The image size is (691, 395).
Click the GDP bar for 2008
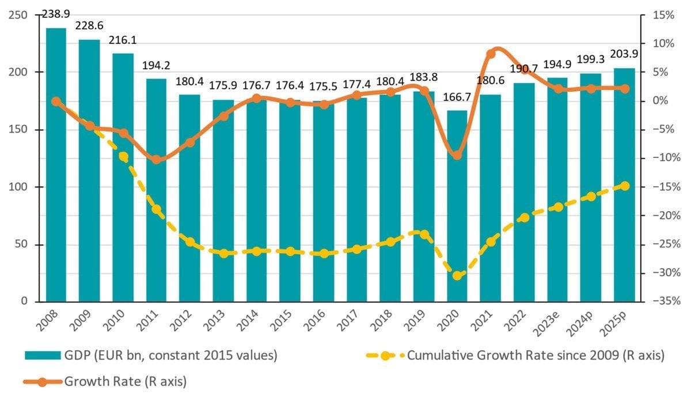point(56,165)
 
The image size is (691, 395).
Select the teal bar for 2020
point(457,206)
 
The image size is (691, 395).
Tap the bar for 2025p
point(624,185)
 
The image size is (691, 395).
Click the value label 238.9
point(56,14)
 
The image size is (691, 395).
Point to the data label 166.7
point(457,97)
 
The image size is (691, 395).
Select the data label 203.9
point(624,54)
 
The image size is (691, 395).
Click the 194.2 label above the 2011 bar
point(156,66)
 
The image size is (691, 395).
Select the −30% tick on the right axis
point(666,273)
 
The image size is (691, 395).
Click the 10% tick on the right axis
point(663,44)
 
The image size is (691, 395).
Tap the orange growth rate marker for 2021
point(491,54)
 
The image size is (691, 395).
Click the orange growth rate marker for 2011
point(157,160)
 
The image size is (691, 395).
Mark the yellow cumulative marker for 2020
point(457,276)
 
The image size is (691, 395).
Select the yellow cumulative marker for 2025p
point(625,186)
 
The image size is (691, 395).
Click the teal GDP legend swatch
point(43,355)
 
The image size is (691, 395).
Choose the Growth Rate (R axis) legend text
point(126,382)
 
